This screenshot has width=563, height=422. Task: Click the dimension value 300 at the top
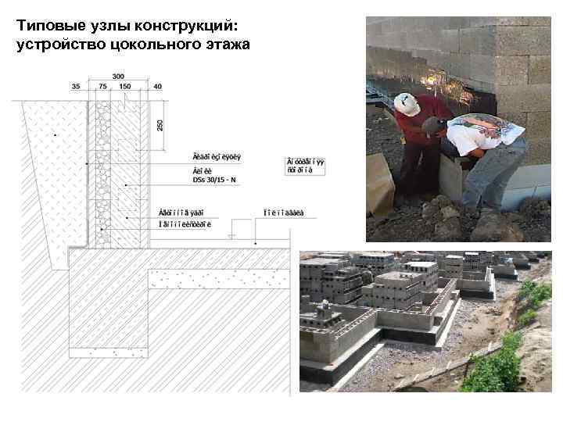click(x=118, y=76)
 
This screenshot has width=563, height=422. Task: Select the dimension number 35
click(x=76, y=87)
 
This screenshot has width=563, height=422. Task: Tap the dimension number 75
click(x=103, y=87)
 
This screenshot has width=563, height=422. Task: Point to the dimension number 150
click(x=125, y=87)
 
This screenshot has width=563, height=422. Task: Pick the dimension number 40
click(x=158, y=87)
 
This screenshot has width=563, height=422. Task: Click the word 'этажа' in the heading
click(x=227, y=45)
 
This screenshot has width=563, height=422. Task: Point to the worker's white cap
click(x=406, y=103)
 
